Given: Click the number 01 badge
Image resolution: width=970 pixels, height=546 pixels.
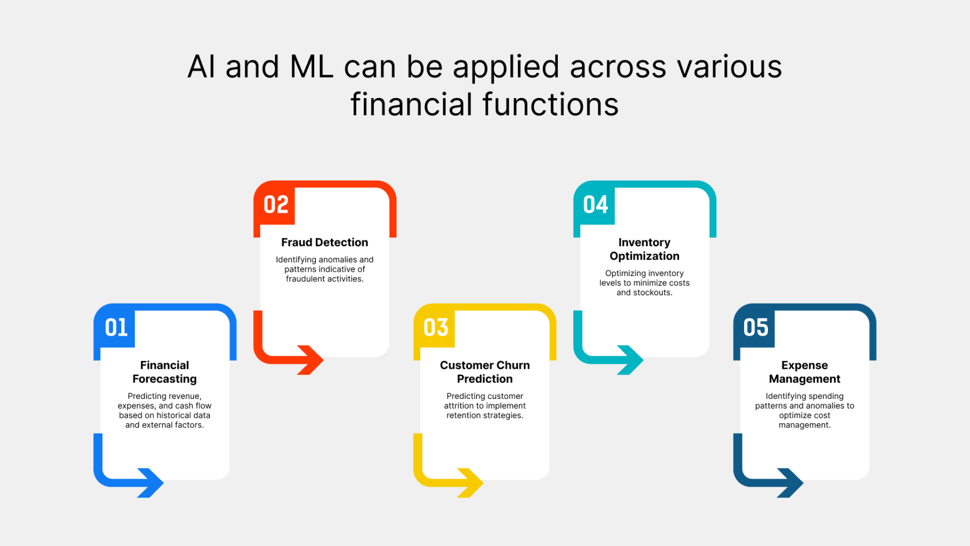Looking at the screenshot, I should click(116, 327).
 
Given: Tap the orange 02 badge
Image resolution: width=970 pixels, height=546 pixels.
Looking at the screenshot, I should click(275, 204).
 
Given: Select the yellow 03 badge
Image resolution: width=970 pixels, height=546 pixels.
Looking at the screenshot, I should click(435, 327).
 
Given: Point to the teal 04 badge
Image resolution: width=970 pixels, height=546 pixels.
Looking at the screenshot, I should click(595, 204).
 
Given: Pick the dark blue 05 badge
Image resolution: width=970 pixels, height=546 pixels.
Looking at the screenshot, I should click(755, 327).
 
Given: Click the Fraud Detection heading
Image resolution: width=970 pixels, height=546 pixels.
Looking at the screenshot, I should click(324, 243).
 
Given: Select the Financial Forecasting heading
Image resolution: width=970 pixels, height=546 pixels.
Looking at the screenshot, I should click(164, 372).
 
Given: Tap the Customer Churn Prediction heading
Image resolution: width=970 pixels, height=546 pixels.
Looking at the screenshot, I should click(484, 372).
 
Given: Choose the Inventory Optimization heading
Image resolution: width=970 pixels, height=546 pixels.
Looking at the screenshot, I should click(644, 249).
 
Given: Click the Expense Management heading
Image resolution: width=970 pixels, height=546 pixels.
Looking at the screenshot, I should click(804, 372).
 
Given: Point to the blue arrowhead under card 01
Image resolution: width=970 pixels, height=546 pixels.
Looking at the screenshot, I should click(151, 482).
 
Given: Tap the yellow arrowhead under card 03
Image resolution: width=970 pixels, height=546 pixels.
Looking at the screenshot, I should click(471, 482).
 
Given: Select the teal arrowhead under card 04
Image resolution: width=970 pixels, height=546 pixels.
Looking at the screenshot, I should click(631, 360).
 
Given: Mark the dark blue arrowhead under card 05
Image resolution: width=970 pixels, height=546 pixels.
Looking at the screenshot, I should click(791, 482).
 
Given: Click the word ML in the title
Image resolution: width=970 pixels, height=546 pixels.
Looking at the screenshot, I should click(311, 67).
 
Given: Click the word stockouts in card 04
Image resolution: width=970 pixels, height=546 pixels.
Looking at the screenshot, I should click(654, 293).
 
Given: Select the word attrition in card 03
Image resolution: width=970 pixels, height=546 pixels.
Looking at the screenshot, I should click(459, 406).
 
